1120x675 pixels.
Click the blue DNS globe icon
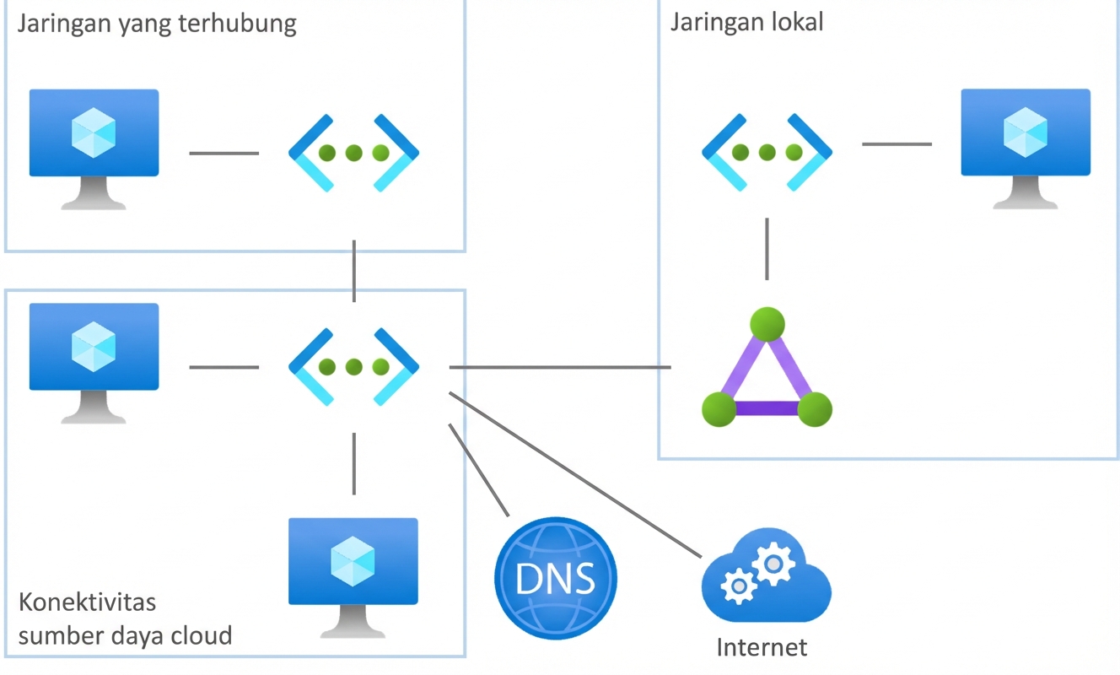point(555,578)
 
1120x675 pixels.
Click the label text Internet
point(762,647)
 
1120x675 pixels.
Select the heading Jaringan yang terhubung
point(157,24)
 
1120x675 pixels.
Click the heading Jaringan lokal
point(746,22)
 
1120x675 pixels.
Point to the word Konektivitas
point(87,603)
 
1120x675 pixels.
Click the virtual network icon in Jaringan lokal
point(767,152)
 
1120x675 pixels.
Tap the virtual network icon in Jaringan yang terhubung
point(353,153)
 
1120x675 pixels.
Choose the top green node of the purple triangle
point(767,324)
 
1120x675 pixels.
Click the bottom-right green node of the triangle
point(815,409)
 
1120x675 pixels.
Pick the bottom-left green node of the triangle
point(719,409)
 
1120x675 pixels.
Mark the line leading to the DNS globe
point(479,469)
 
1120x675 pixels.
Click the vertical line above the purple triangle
point(767,249)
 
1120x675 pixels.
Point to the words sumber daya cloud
point(125,634)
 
